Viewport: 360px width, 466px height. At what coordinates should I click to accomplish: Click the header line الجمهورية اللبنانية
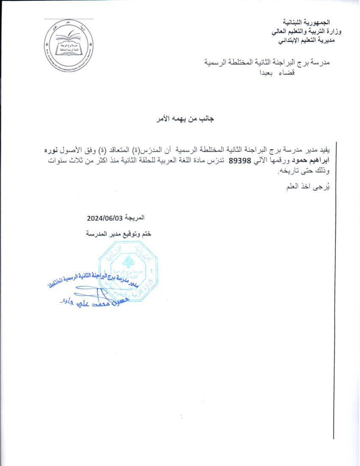point(306,22)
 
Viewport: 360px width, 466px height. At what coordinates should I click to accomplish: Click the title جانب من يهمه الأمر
point(185,119)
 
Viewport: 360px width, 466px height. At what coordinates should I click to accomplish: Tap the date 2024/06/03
point(104,218)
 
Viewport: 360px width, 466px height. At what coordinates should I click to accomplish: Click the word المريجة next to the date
point(134,218)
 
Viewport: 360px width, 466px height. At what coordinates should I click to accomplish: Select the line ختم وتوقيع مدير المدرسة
point(119,233)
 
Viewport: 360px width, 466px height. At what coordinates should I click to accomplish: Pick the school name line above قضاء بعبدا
point(266,62)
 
